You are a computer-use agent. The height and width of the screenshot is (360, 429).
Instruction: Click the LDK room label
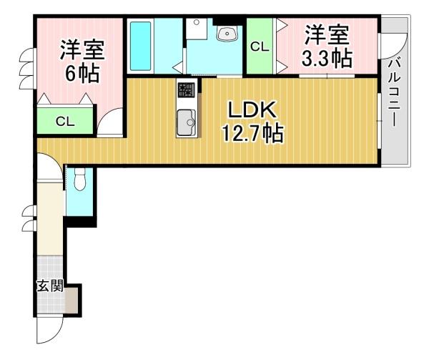pos(252,110)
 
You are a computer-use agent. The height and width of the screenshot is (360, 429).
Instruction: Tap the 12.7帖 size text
pos(252,133)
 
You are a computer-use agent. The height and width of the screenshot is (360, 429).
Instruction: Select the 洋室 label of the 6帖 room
pos(82,50)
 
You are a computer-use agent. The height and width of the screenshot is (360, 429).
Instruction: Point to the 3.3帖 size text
pos(327,58)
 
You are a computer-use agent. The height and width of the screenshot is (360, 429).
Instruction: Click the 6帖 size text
pos(82,73)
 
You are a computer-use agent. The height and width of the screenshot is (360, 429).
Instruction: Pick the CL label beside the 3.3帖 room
pos(260,47)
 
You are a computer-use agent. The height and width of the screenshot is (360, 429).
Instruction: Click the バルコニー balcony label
pos(394,94)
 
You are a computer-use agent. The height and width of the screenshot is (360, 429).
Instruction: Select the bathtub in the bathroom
pos(141,46)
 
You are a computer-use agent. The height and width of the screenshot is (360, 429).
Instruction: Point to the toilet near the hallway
pos(79,179)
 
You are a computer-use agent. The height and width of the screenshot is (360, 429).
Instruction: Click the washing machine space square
pos(196,29)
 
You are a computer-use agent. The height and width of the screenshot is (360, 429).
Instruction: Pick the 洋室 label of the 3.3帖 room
pos(327,35)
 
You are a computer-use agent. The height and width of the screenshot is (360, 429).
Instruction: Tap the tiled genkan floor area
pos(50,301)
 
